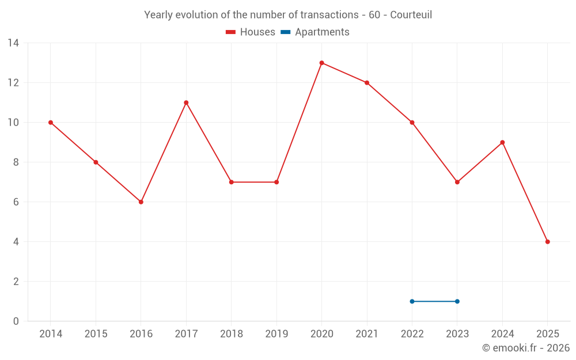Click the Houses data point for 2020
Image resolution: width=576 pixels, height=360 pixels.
point(321,63)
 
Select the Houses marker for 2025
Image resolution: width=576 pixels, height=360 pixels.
point(547,242)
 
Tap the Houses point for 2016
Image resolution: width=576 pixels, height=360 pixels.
point(141,202)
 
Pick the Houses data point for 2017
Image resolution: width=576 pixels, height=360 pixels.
point(186,103)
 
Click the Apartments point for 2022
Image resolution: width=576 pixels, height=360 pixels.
point(412,301)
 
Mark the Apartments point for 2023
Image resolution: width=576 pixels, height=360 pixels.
point(457,301)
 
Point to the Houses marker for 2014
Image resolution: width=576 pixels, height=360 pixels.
point(51,123)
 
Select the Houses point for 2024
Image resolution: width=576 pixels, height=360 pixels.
point(502,142)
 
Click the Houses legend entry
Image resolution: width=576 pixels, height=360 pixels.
point(251,32)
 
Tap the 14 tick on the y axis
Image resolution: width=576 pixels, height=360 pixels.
point(13,43)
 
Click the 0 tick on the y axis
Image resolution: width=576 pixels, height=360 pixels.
point(16,321)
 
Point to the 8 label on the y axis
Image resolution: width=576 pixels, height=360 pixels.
point(16,162)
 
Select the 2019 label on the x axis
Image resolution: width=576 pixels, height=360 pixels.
point(276,334)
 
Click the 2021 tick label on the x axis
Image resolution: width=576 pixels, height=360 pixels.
point(366,334)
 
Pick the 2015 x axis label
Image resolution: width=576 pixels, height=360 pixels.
point(96,334)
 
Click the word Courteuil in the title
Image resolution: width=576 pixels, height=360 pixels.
point(411,15)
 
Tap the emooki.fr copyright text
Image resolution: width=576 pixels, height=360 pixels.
point(526,348)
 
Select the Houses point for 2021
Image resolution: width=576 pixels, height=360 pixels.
point(366,83)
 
